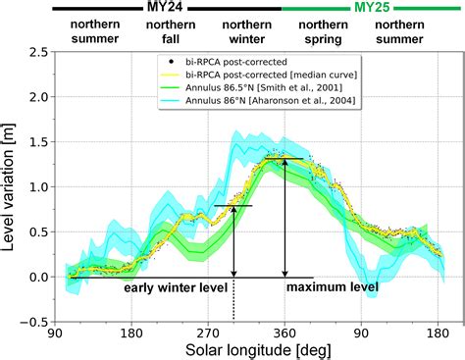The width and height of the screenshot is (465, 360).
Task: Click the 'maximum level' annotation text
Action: click(332, 288)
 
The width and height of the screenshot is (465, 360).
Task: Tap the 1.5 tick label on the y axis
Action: click(38, 143)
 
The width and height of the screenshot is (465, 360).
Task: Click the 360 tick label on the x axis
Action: click(284, 333)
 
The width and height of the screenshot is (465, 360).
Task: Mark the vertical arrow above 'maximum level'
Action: click(284, 218)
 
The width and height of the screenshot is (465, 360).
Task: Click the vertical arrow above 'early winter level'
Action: click(233, 241)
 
